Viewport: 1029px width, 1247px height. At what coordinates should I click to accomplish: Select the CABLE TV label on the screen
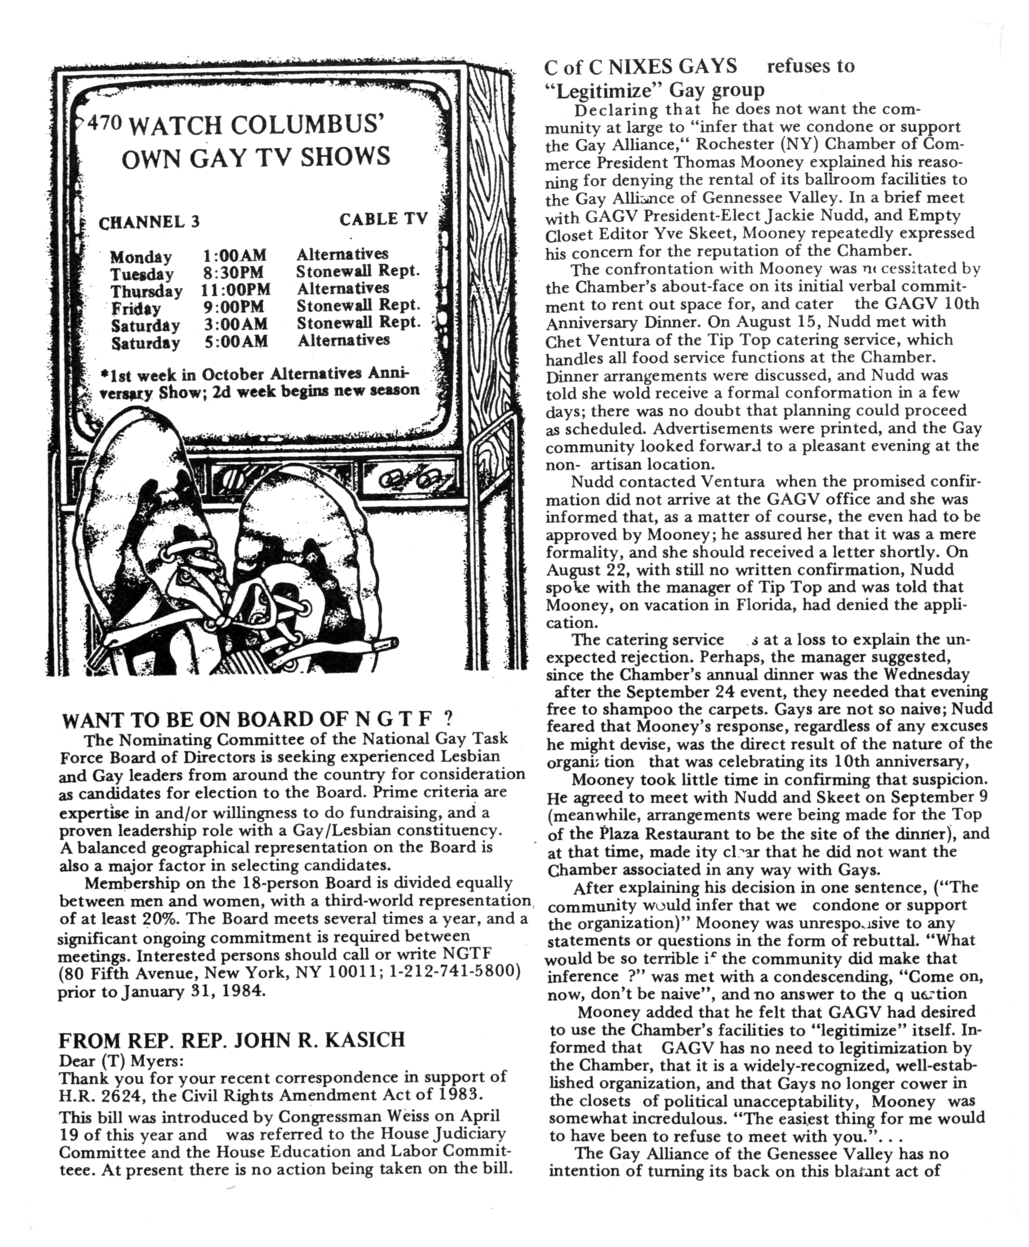point(383,219)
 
